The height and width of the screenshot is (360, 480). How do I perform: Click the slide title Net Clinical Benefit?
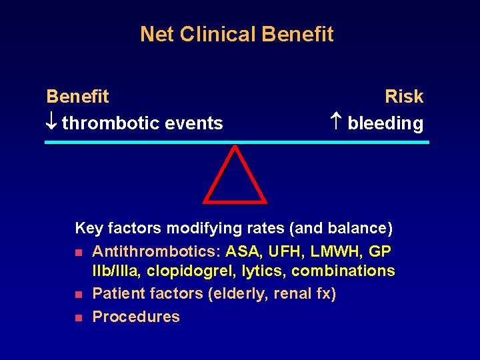pyautogui.click(x=237, y=34)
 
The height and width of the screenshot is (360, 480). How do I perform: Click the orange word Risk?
pyautogui.click(x=403, y=97)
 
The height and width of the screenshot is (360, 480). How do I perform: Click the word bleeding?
pyautogui.click(x=385, y=124)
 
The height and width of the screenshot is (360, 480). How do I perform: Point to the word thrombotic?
pyautogui.click(x=106, y=123)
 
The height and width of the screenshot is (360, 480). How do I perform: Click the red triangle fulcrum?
pyautogui.click(x=234, y=177)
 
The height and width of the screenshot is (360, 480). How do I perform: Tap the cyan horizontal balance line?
pyautogui.click(x=237, y=142)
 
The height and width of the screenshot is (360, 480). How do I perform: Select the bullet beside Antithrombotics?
pyautogui.click(x=79, y=253)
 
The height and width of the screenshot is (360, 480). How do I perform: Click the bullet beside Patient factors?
pyautogui.click(x=79, y=295)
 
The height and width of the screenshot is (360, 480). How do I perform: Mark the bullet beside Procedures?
pyautogui.click(x=79, y=318)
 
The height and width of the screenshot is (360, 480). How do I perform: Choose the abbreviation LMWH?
pyautogui.click(x=338, y=251)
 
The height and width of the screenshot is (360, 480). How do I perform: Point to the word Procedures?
pyautogui.click(x=136, y=317)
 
